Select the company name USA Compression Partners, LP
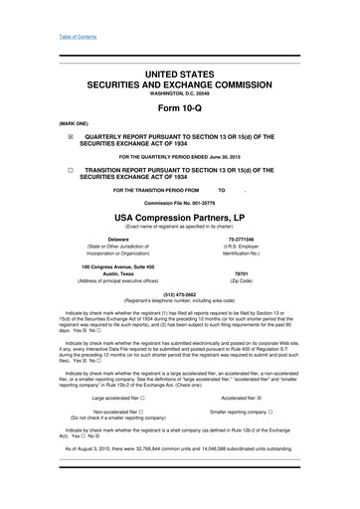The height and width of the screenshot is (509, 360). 180,217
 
